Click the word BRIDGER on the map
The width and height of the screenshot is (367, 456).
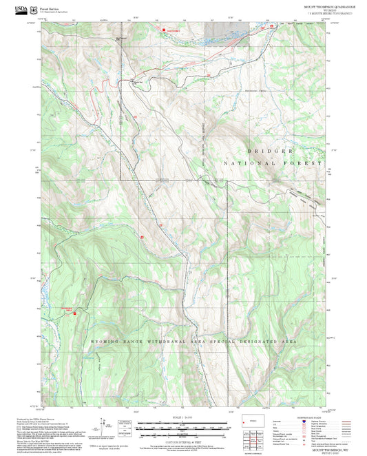[270, 149]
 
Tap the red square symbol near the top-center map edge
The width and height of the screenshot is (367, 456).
[163, 30]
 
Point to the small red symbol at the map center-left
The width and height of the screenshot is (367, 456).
[142, 236]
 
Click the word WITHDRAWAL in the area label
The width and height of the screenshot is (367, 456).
[165, 341]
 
